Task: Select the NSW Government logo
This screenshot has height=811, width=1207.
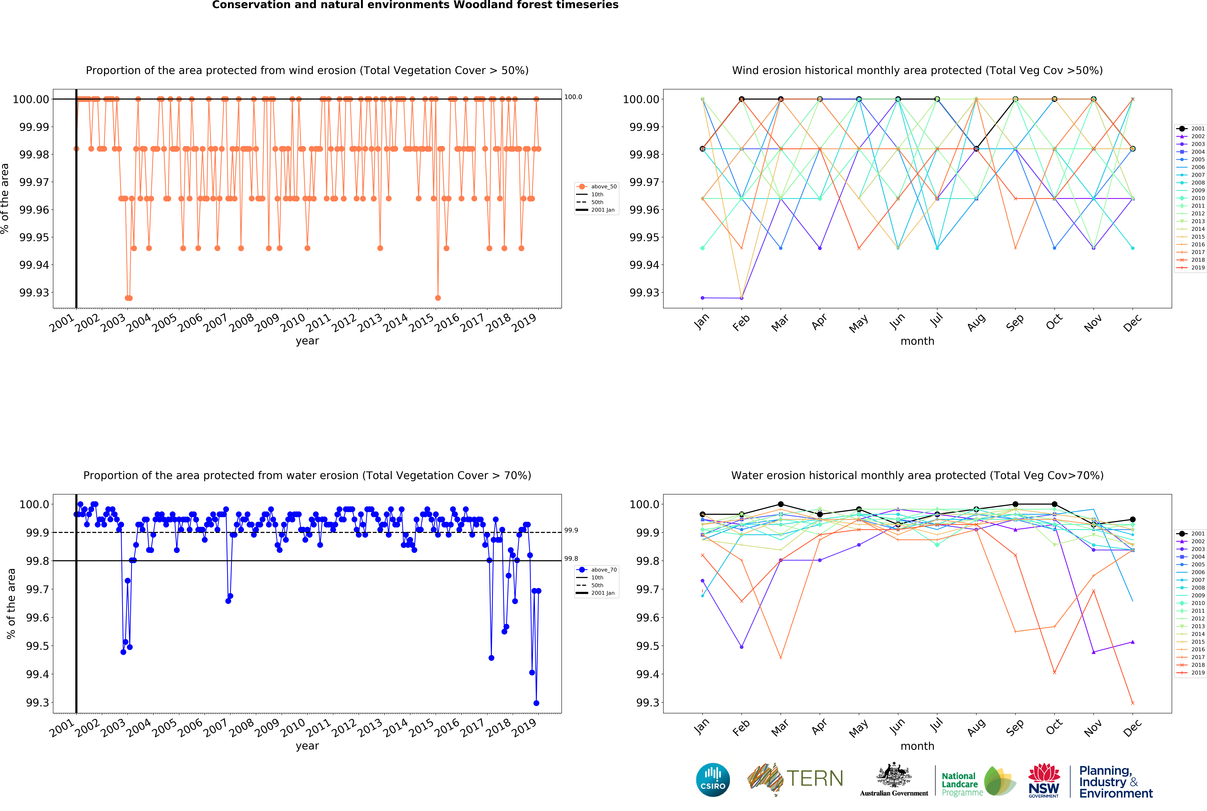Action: [1044, 780]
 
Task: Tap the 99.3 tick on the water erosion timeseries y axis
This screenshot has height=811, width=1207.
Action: [37, 703]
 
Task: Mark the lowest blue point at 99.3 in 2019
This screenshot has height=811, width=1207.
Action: [536, 703]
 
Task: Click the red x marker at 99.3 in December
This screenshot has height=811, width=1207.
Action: [1133, 703]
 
